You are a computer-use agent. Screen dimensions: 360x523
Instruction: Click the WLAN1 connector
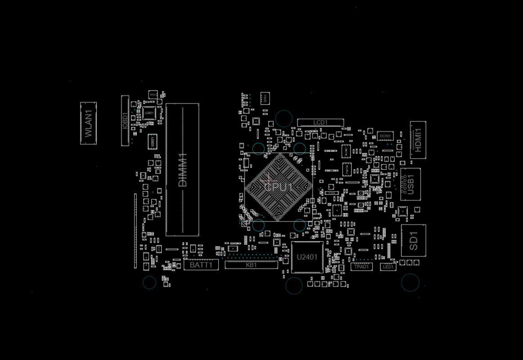89,123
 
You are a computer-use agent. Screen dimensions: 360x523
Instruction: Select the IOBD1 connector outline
125,121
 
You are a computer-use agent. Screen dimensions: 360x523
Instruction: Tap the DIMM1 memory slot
182,169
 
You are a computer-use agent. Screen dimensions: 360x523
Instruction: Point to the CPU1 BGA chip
279,187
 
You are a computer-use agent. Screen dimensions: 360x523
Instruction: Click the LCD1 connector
320,122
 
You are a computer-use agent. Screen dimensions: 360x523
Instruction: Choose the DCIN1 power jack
385,135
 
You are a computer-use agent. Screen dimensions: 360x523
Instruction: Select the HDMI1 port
418,139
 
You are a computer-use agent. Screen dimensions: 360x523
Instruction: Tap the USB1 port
410,184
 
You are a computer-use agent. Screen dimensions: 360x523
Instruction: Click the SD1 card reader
413,240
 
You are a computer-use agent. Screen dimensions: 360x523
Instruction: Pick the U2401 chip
307,257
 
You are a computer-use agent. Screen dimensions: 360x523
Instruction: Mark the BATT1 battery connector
201,265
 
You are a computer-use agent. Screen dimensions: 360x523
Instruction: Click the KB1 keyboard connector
251,265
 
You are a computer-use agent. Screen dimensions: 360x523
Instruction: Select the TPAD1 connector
361,266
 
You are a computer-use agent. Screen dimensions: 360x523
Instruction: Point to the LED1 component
388,267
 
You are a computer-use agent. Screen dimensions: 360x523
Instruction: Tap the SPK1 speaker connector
265,98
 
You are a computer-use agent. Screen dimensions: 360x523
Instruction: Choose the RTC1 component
153,95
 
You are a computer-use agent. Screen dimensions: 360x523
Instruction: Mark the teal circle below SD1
410,283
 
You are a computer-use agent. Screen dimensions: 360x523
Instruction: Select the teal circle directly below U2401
294,285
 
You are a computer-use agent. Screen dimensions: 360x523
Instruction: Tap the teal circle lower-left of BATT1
149,283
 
